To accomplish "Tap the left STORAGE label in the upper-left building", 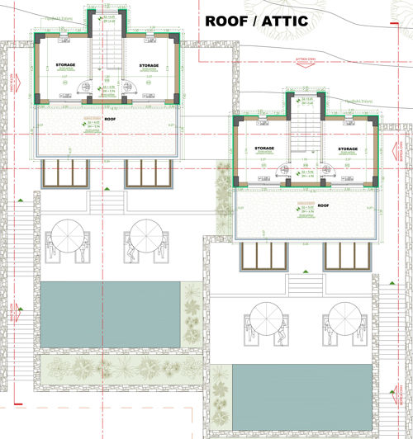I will point(65,64).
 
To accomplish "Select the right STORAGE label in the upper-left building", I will point(149,65).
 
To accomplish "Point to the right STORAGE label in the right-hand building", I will point(347,149).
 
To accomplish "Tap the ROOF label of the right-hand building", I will point(323,205).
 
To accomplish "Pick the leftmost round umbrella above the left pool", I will point(66,234).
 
